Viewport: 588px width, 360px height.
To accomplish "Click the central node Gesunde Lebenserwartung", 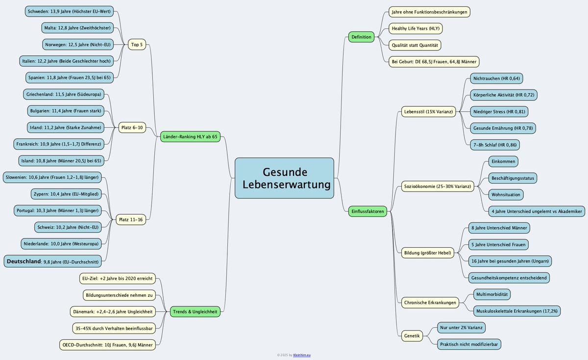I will [284, 178].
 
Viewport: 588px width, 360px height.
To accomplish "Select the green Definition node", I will [362, 37].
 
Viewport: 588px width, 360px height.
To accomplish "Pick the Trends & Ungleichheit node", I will [195, 312].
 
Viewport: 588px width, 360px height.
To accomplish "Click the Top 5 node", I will [137, 45].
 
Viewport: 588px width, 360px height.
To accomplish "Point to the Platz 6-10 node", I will [132, 128].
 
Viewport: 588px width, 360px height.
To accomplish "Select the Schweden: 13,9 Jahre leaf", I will [69, 11].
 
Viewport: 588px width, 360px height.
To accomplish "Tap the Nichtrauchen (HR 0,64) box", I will [496, 78].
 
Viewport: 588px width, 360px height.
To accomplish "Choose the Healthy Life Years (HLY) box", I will [415, 28].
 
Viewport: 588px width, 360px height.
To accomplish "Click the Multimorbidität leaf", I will [492, 294].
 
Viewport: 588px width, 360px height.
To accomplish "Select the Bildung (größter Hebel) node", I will [427, 253].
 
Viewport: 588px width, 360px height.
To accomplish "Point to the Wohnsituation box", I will [506, 194].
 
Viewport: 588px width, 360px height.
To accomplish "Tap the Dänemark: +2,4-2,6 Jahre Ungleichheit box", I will [113, 312].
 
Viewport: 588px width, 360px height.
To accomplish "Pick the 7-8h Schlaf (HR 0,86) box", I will [495, 144].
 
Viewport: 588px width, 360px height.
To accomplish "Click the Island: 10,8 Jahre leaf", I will [61, 160].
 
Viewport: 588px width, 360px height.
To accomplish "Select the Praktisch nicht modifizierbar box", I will [469, 344].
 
